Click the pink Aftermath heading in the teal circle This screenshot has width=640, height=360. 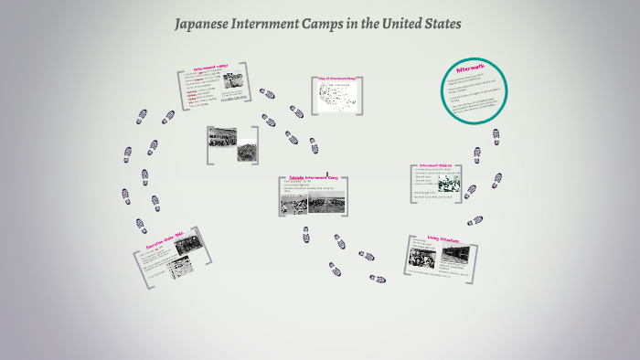tap(474, 69)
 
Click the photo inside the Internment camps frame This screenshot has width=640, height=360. tap(233, 81)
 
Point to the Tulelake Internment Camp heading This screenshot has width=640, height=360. tap(315, 177)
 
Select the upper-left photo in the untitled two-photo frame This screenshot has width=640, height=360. tap(223, 138)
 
